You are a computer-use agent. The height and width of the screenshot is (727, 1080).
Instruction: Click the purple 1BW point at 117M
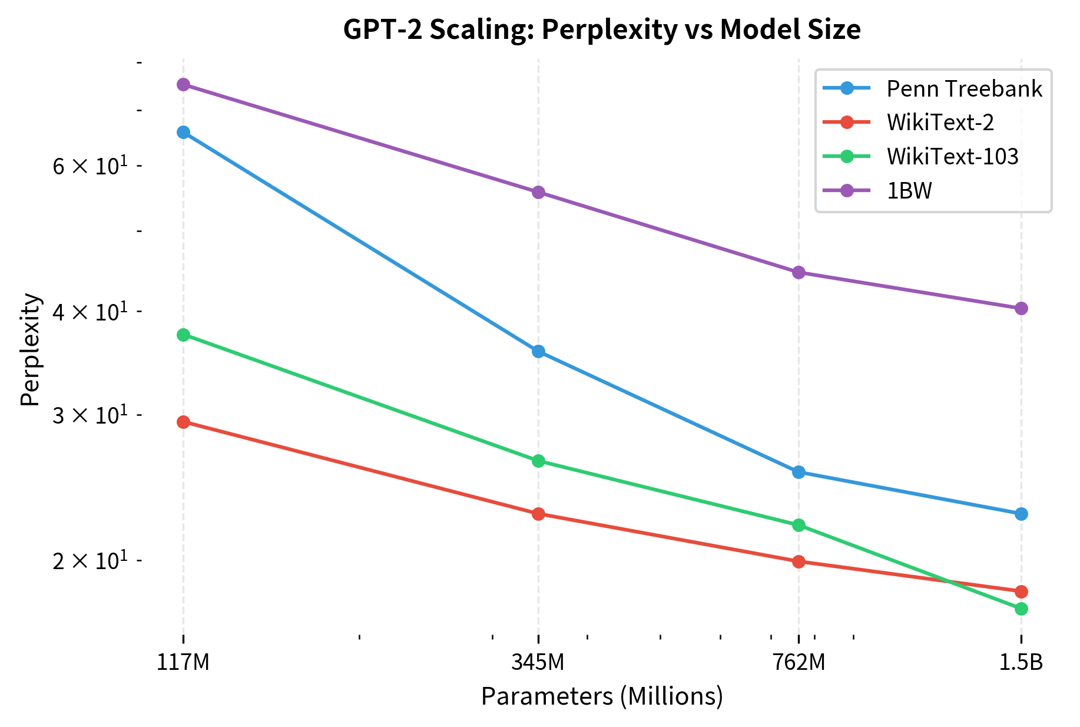point(183,85)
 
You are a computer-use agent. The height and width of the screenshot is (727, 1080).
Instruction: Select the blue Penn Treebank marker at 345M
point(538,352)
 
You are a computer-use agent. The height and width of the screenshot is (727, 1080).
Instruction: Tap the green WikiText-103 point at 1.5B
point(1021,609)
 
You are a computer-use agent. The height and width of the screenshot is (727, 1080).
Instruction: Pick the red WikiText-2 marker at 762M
point(799,561)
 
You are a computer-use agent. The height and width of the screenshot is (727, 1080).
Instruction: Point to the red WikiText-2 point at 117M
point(183,422)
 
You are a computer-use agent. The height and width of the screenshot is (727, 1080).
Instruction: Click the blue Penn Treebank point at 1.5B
point(1021,514)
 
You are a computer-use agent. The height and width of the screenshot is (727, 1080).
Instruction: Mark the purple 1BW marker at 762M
point(799,272)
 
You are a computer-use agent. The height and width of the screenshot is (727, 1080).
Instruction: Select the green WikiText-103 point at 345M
point(538,461)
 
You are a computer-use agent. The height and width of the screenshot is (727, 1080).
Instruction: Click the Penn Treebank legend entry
point(964,89)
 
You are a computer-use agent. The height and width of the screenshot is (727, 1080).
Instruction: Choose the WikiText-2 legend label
point(940,123)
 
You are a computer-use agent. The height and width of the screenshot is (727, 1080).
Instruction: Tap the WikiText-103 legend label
point(952,157)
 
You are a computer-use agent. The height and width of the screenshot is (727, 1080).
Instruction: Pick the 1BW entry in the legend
point(909,191)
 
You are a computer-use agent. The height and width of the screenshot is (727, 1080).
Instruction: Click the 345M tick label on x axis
point(538,663)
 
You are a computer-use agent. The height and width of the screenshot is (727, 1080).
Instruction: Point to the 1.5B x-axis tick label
point(1021,663)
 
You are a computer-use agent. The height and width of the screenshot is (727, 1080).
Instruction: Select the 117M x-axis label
point(183,663)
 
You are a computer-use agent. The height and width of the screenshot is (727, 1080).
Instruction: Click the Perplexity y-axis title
point(31,350)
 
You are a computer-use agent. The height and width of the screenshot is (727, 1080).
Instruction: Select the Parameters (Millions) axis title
point(602,696)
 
